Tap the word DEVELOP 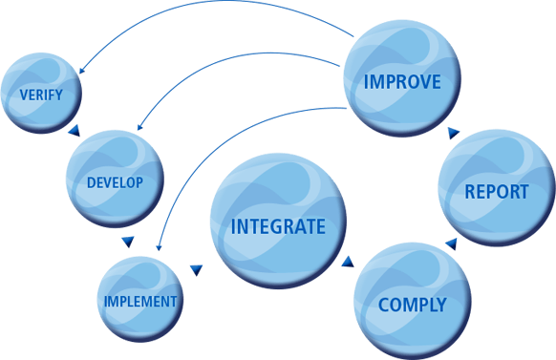point(115,181)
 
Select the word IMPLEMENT point(141,301)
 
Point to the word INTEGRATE point(278,227)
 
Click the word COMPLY point(412,306)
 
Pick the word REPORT point(496,191)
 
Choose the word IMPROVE point(402,81)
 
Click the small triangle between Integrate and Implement point(196,271)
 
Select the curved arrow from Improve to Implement point(220,134)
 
